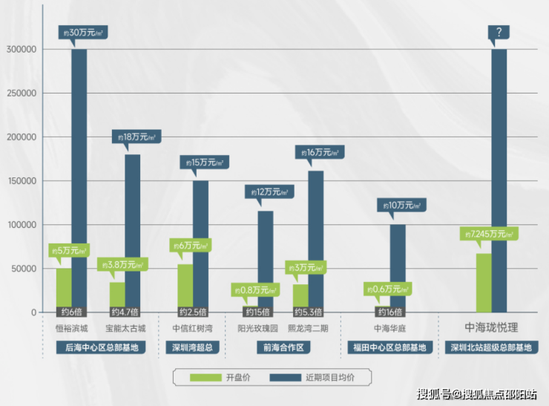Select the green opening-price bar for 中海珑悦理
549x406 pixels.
(483, 282)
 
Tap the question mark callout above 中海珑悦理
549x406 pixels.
(498, 32)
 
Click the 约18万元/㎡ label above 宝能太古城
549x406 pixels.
(134, 137)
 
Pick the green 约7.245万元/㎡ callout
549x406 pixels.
(487, 234)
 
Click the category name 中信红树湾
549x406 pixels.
(193, 327)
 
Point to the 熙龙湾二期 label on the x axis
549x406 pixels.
(307, 327)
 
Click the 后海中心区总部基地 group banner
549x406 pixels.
(100, 347)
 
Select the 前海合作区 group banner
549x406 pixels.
(283, 347)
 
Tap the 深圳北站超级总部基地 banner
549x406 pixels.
(491, 347)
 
